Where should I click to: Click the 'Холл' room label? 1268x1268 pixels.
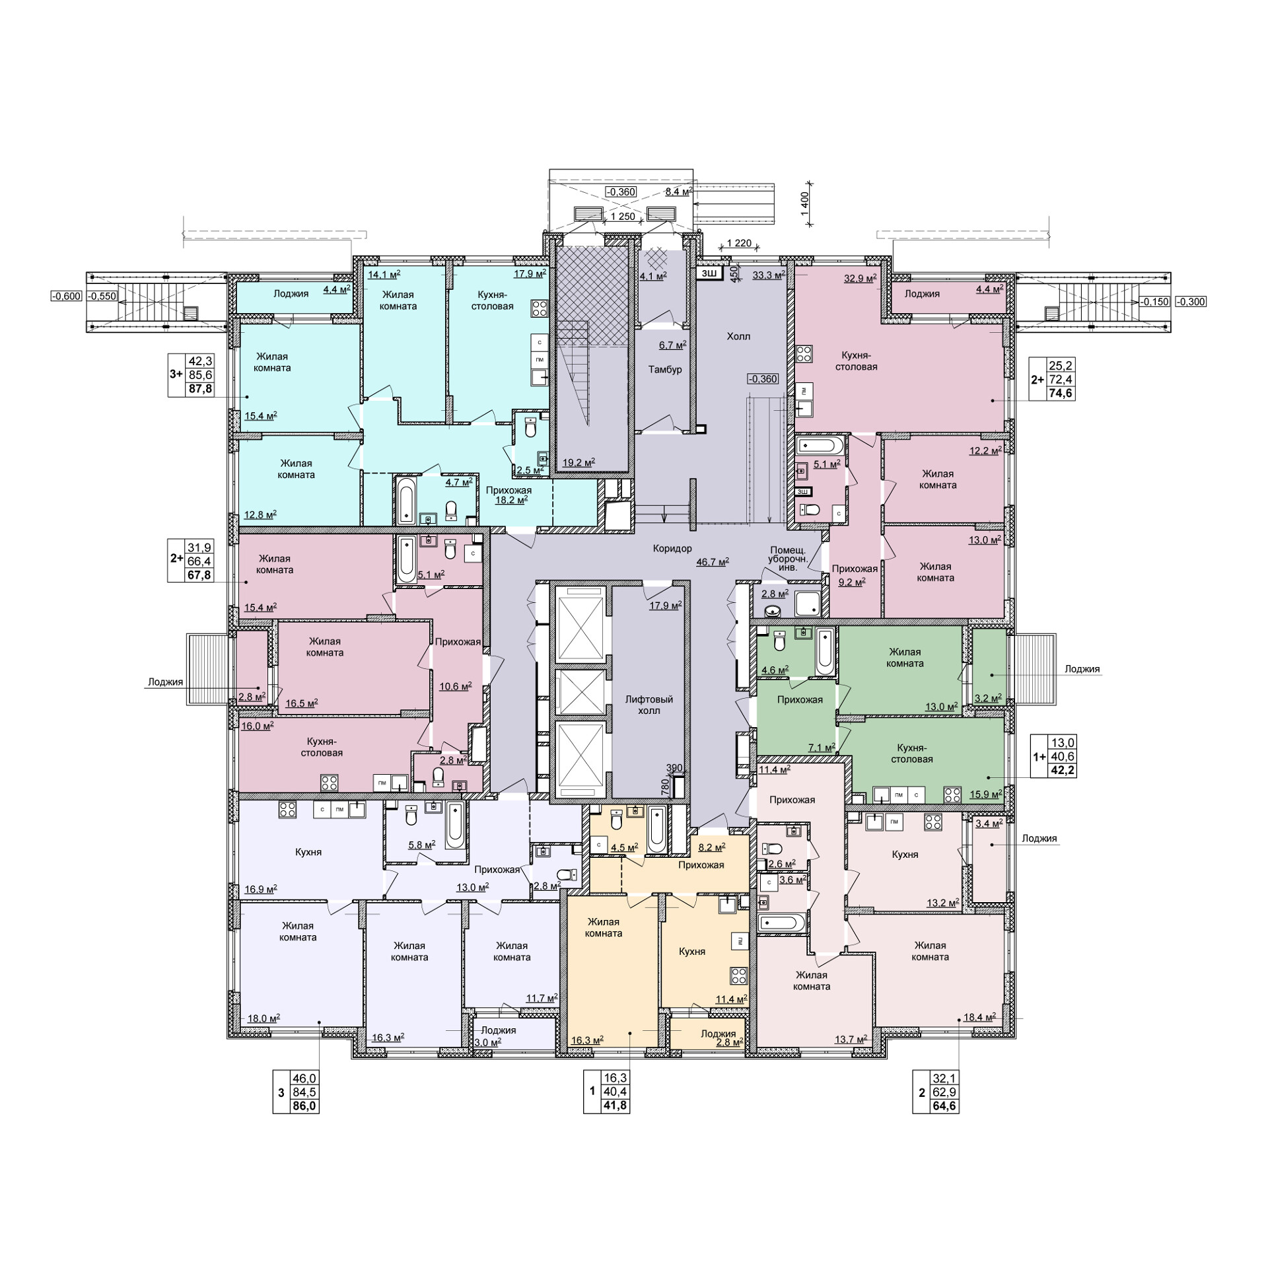(x=738, y=336)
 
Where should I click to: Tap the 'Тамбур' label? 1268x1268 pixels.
(x=665, y=369)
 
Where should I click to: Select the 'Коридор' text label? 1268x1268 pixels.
(x=672, y=548)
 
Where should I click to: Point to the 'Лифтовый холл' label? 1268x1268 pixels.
(x=649, y=705)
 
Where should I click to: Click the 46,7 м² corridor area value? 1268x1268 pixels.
(x=713, y=561)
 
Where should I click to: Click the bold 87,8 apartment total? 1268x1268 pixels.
(x=201, y=389)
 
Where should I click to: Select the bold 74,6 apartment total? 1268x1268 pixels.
(x=1062, y=394)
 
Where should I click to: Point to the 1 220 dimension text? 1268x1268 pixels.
(x=739, y=243)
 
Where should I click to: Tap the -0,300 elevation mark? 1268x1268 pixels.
(x=1191, y=302)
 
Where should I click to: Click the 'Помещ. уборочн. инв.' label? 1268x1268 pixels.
(x=787, y=558)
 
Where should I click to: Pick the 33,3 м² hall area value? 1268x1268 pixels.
(x=769, y=275)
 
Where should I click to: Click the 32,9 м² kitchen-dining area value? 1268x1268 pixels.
(x=861, y=278)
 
